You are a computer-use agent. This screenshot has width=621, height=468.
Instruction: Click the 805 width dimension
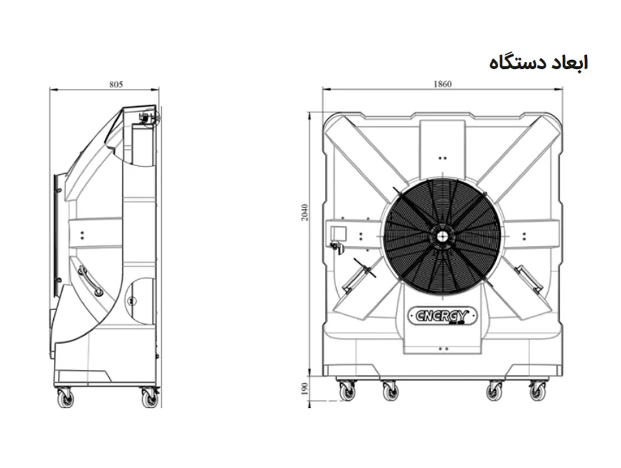[116, 84]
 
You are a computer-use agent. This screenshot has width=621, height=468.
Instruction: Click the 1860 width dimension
[442, 84]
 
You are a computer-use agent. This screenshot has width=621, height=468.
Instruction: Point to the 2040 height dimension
[304, 212]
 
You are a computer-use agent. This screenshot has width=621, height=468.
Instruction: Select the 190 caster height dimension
[304, 389]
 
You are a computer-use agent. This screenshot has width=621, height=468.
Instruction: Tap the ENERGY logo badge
[442, 316]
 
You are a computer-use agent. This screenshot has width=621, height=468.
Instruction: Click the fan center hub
[442, 236]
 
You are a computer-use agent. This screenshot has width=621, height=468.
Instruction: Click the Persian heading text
[538, 63]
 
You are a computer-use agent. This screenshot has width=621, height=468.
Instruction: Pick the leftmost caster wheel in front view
[347, 391]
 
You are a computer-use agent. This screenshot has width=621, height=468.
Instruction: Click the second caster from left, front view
[391, 391]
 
